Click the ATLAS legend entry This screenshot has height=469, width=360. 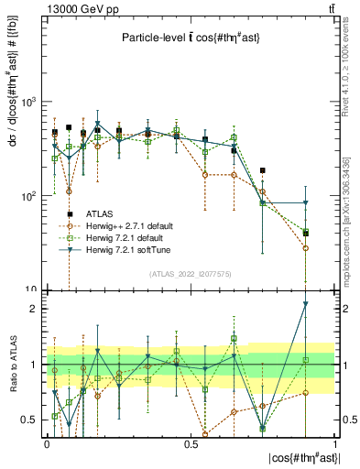point(101,213)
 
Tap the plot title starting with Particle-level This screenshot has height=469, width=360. point(190,38)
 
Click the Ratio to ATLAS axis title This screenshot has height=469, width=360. point(12,365)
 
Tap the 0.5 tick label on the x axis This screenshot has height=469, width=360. point(191,442)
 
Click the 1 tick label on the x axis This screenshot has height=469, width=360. point(334,442)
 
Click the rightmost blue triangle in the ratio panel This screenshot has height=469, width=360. point(306,304)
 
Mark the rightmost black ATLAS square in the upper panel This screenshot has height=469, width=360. point(306,233)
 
